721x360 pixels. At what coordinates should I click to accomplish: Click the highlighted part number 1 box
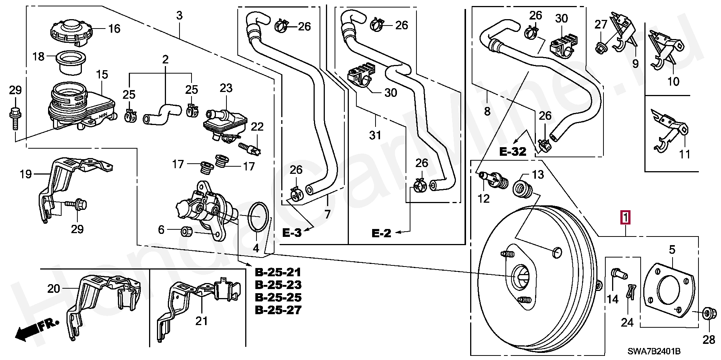tap(625, 218)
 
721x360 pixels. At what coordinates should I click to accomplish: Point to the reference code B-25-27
tap(278, 310)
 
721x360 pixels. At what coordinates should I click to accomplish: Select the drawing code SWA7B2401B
tap(654, 352)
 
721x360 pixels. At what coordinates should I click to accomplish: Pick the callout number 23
tap(226, 89)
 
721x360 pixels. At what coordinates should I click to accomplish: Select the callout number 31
tap(376, 136)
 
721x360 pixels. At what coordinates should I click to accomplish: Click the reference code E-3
tap(292, 233)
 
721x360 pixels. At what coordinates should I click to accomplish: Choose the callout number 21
tap(202, 321)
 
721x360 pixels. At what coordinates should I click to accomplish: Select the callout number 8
tap(487, 111)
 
